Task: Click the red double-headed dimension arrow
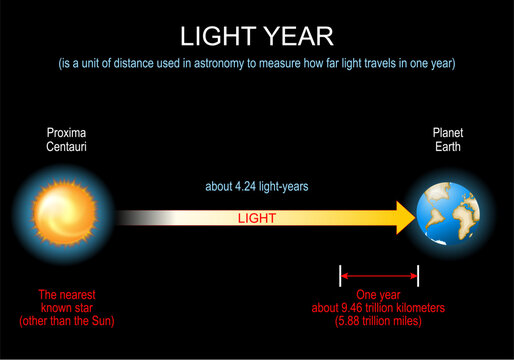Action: [x=379, y=273]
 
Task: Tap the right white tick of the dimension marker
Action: [x=418, y=273]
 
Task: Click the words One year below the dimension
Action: [x=379, y=296]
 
